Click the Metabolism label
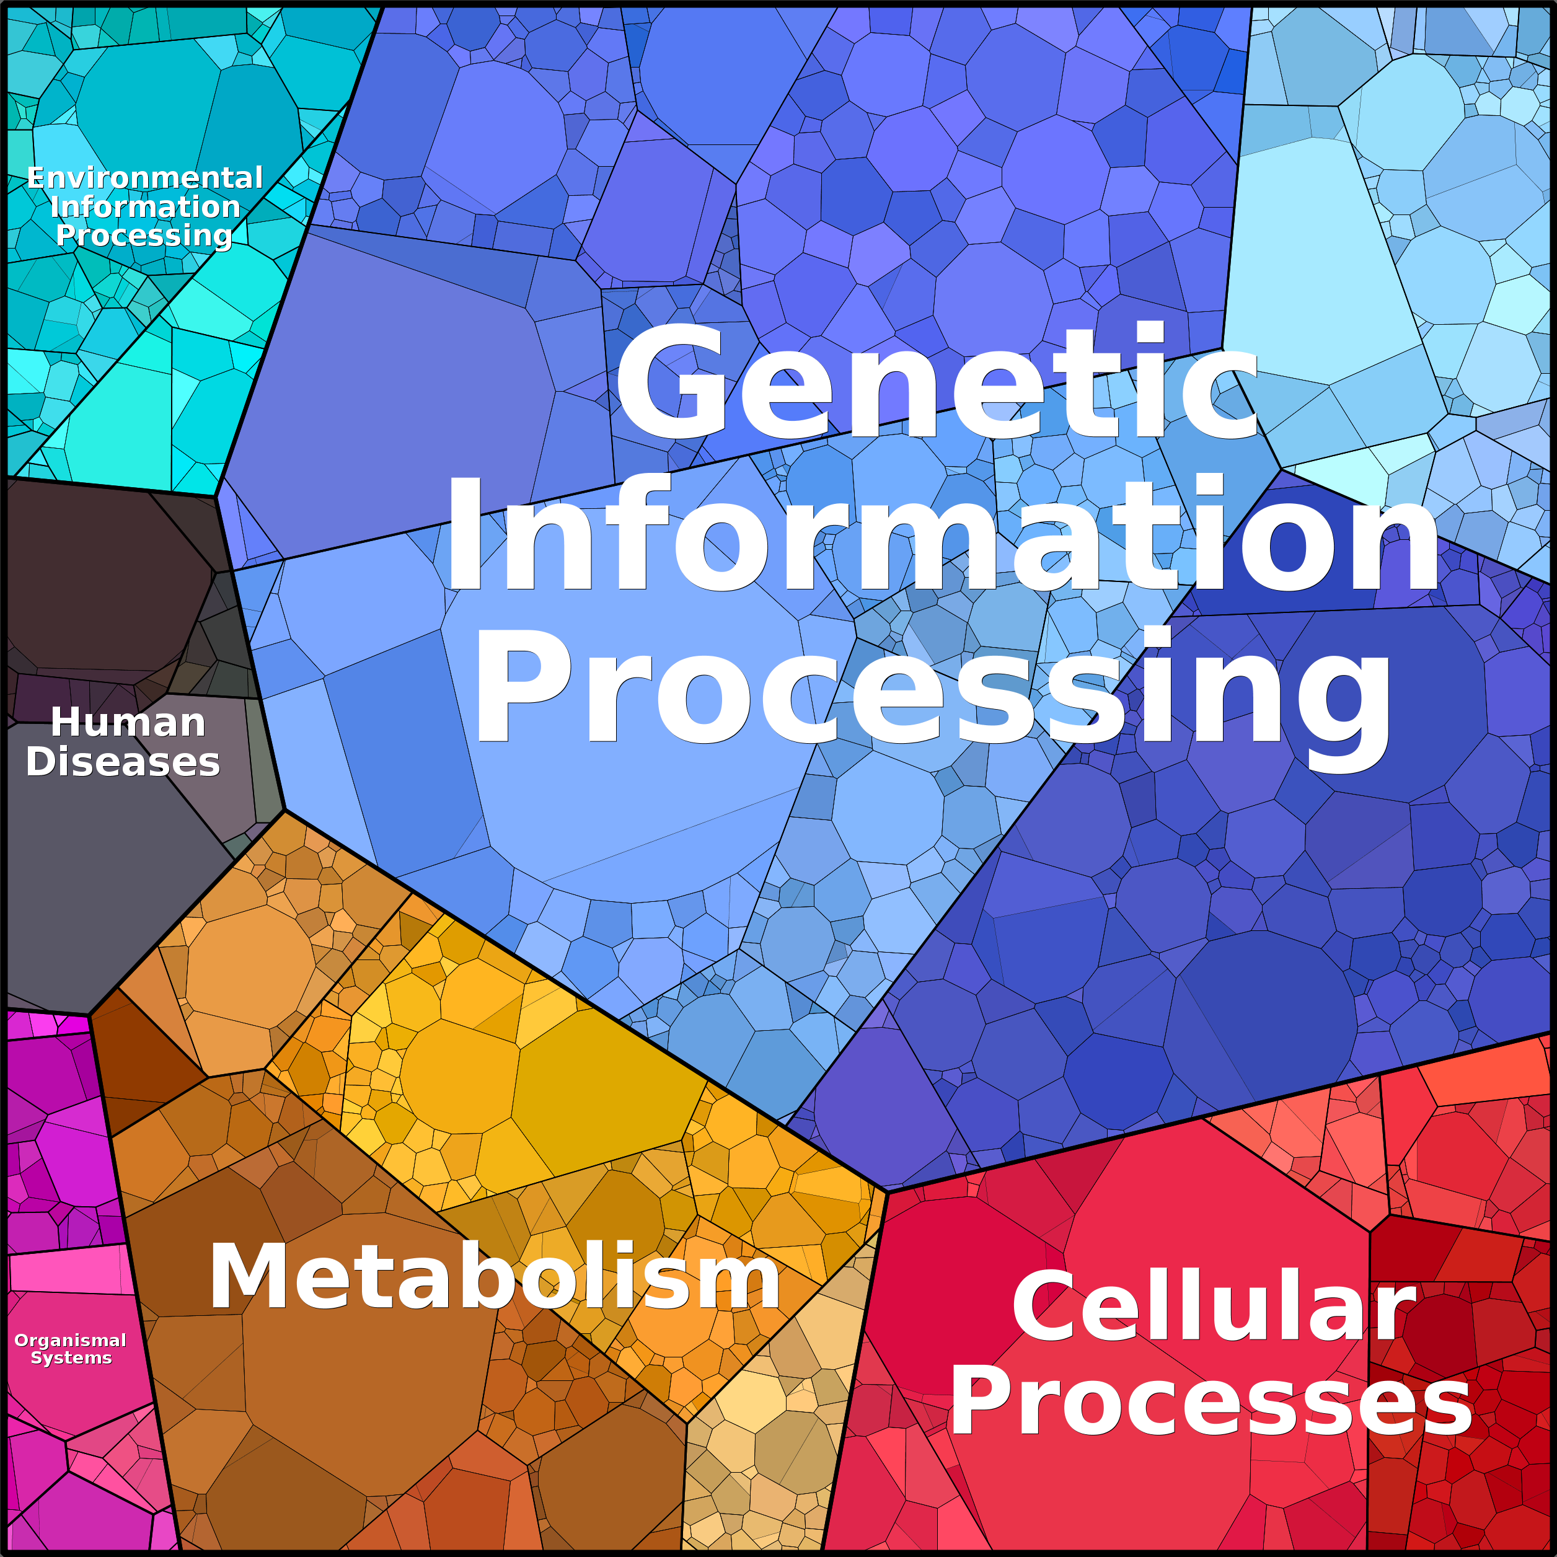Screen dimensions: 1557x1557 (x=494, y=1277)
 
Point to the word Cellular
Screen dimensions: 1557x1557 (x=1214, y=1307)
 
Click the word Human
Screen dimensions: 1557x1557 (x=128, y=722)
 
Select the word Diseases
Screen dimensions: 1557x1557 (x=123, y=762)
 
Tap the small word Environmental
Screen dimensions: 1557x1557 (x=145, y=177)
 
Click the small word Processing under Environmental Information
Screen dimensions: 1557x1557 (x=144, y=236)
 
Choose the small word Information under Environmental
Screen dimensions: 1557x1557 (x=145, y=206)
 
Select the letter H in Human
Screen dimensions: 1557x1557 (x=68, y=722)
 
